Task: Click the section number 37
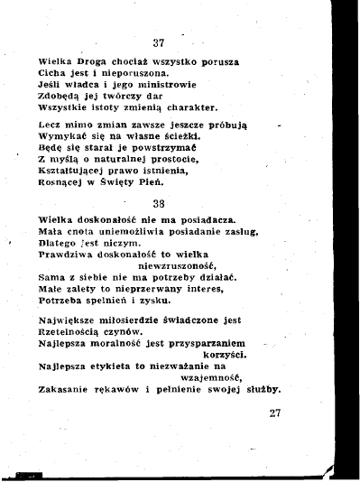coord(159,43)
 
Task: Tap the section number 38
coord(159,203)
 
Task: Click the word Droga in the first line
coord(94,63)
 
